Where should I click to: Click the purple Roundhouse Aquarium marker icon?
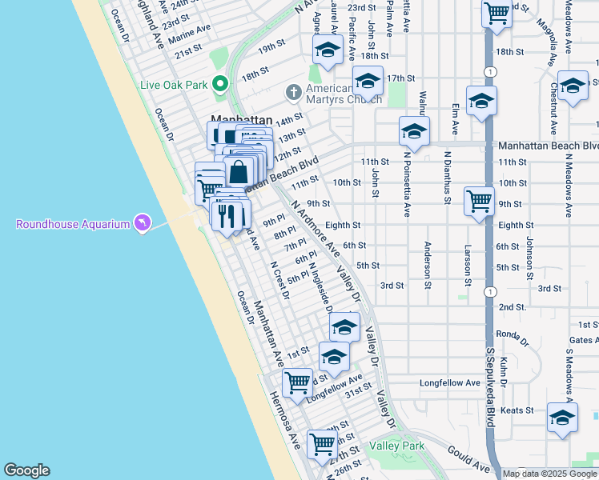(142, 222)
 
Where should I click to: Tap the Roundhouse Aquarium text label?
(73, 224)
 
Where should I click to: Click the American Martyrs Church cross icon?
(294, 92)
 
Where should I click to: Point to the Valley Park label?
(397, 446)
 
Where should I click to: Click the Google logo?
(26, 470)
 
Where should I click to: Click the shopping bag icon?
(239, 171)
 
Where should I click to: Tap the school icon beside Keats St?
(562, 418)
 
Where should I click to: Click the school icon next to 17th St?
(368, 81)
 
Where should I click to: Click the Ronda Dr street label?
(513, 334)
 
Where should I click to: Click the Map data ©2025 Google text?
(549, 474)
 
